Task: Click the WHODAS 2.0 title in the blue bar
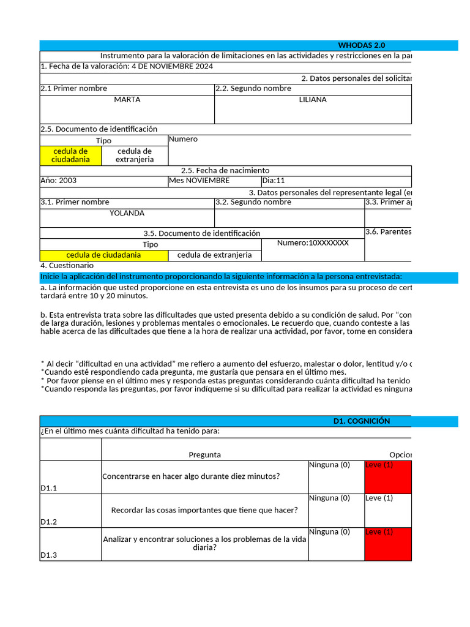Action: [x=361, y=45]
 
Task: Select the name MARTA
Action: [x=127, y=99]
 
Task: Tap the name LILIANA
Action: [x=313, y=99]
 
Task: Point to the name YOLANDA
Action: [x=127, y=213]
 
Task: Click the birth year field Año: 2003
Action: [x=59, y=181]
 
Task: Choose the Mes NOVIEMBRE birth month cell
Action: [x=200, y=181]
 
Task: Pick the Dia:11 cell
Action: [x=274, y=181]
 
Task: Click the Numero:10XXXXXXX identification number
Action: [x=313, y=243]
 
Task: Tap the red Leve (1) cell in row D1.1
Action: [x=388, y=477]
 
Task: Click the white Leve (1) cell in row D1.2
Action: [x=388, y=510]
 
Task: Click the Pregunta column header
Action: [x=205, y=454]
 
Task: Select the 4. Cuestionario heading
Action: [x=67, y=266]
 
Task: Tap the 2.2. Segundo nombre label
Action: [x=253, y=88]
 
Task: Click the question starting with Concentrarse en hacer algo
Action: [x=192, y=476]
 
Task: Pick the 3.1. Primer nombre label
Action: [x=75, y=202]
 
